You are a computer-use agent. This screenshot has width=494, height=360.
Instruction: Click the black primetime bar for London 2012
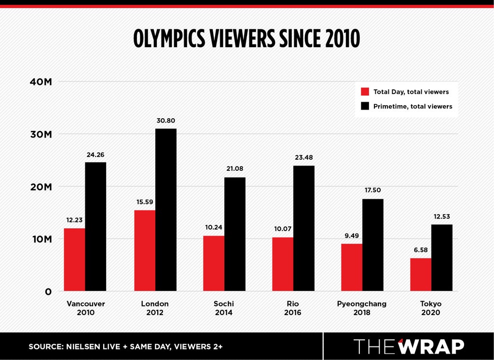point(166,209)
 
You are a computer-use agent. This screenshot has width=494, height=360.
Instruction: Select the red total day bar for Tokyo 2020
point(421,275)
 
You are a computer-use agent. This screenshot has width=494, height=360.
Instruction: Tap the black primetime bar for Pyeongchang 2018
point(373,245)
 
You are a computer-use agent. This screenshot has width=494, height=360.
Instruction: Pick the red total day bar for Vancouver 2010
point(74,260)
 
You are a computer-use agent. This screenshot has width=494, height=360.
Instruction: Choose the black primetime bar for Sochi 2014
point(235,234)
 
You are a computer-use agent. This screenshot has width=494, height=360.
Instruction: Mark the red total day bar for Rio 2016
point(283,264)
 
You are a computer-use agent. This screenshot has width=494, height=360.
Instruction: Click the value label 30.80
point(166,121)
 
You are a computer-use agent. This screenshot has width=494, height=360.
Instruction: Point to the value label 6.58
point(421,250)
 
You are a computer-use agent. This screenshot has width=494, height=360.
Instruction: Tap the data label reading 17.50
point(373,190)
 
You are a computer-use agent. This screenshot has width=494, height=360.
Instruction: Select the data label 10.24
point(214,227)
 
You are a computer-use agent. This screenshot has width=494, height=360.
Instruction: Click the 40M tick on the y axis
point(41,82)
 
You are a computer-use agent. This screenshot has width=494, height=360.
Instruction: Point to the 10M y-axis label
point(42,239)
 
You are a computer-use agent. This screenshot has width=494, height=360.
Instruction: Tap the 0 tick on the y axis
point(48,292)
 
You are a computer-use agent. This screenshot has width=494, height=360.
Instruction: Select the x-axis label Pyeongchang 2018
point(362,308)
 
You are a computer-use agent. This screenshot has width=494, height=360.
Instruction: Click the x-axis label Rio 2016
point(293,308)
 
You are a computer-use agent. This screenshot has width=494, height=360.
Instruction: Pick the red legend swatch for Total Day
point(365,92)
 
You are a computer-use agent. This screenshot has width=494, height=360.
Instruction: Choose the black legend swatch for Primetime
point(365,106)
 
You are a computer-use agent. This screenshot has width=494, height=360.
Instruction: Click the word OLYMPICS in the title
point(169,39)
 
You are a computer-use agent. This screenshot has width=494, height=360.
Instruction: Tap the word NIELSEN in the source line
point(84,347)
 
